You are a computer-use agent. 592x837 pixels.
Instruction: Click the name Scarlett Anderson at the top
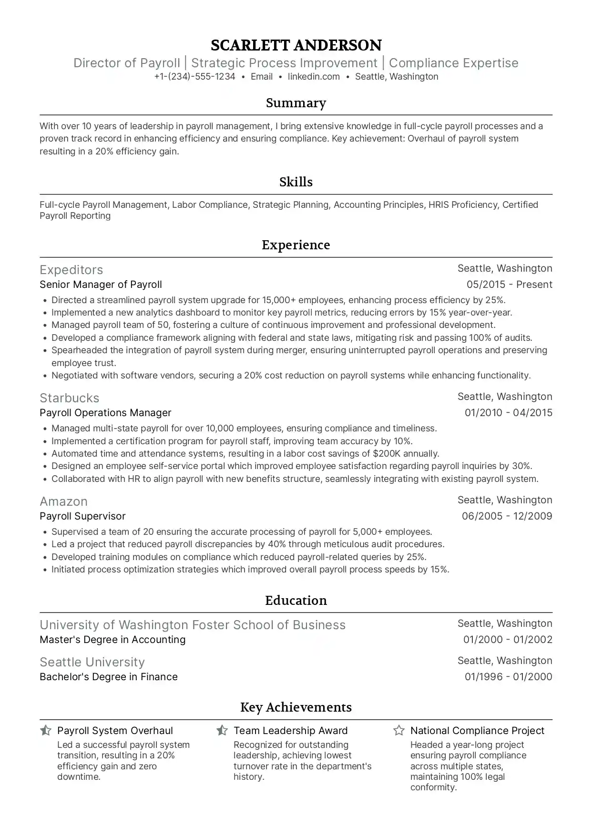coord(296,45)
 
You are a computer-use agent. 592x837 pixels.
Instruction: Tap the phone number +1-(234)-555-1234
coord(194,77)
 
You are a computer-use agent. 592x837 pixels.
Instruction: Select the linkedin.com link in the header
coord(314,77)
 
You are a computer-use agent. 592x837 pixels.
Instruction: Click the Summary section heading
coord(296,103)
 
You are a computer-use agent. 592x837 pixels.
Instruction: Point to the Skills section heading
coord(296,182)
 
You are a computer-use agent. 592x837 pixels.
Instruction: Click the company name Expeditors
coord(71,270)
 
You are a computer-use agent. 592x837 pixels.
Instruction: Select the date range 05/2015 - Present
coord(509,285)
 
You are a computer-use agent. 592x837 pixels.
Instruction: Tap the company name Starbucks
coord(70,398)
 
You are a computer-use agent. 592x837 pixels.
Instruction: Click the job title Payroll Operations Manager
coord(105,413)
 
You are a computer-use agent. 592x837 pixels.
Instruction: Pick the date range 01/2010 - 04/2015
coord(508,413)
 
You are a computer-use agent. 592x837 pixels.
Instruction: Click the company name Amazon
coord(64,501)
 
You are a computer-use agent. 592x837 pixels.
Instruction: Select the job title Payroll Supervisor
coord(82,516)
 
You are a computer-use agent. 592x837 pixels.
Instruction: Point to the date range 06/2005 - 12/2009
coord(507,516)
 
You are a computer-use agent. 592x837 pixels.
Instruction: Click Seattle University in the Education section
coord(92,662)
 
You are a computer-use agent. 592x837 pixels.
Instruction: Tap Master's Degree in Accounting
coord(112,640)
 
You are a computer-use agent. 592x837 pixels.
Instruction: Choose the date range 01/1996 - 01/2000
coord(508,677)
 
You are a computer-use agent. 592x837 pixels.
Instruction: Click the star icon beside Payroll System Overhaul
coord(46,730)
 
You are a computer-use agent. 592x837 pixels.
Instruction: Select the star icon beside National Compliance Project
coord(399,730)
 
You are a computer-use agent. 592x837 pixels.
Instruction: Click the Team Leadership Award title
coord(290,731)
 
